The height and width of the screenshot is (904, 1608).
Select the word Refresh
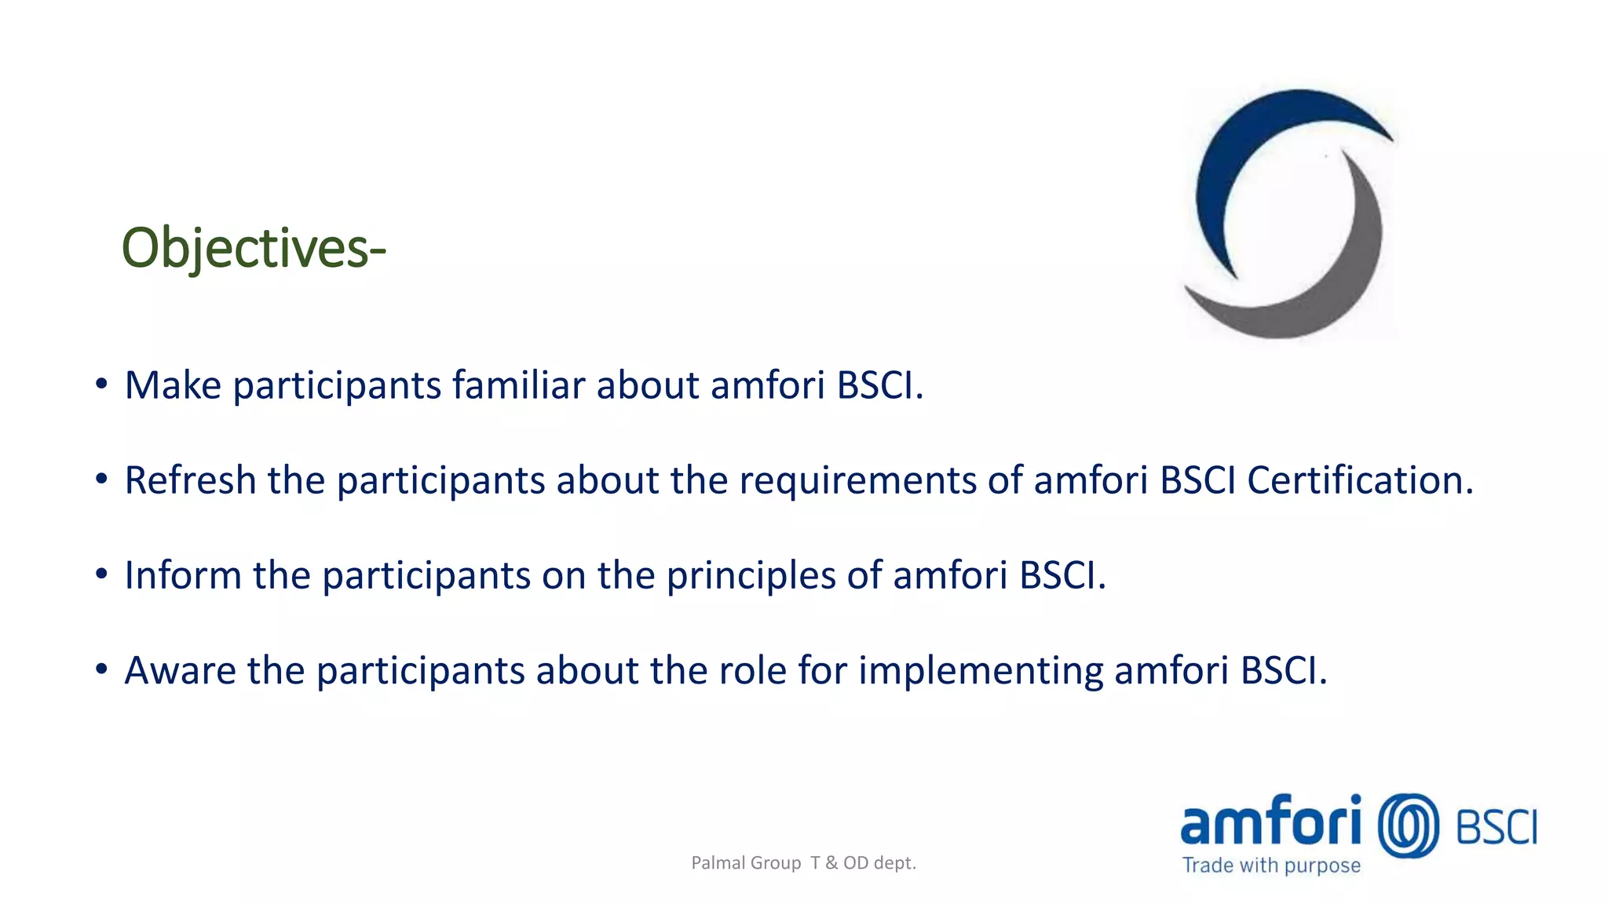pos(190,480)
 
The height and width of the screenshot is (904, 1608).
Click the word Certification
pos(1360,480)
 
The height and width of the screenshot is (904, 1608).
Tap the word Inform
pos(182,575)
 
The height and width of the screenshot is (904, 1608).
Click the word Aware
pos(180,671)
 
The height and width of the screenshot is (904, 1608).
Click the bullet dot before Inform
pos(101,574)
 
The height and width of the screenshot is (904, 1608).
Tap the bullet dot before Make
pos(101,384)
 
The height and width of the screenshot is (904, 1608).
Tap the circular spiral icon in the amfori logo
pos(1409,826)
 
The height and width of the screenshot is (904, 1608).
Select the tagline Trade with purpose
pos(1271,866)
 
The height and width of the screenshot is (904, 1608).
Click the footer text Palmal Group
pos(746,863)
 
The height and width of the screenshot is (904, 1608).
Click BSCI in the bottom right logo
pos(1497,828)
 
